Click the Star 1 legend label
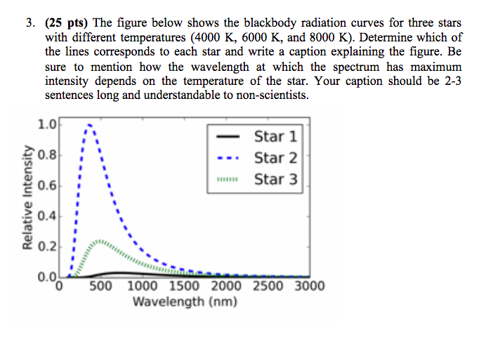275,136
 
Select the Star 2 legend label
275,158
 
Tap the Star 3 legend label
275,180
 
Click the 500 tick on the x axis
101,286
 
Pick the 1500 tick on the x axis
185,286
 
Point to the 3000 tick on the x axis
309,286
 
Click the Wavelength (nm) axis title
185,302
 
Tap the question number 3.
31,22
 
